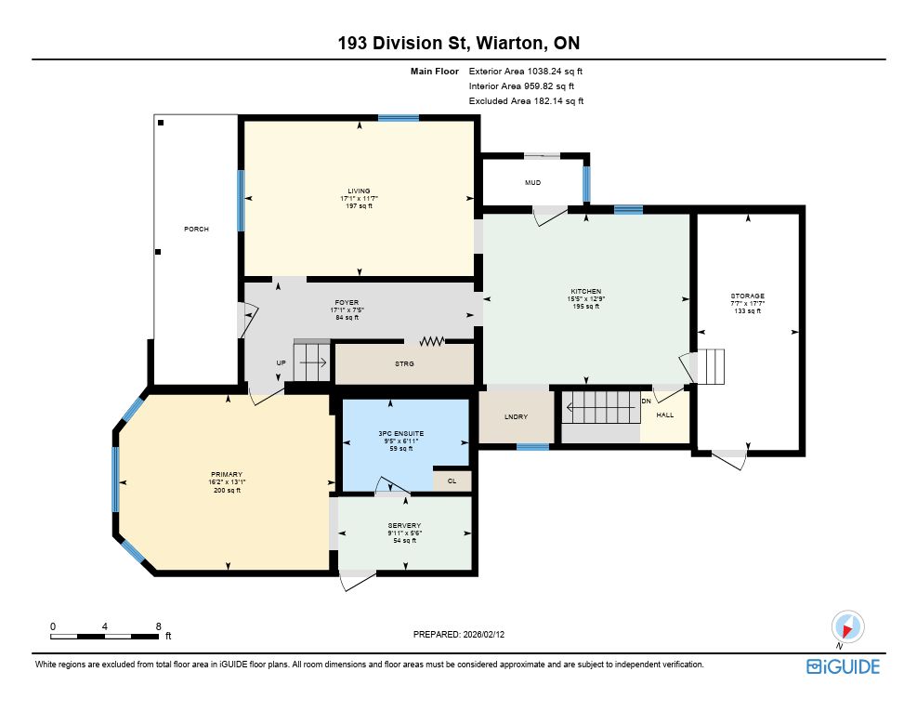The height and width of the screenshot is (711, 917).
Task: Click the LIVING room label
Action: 359,191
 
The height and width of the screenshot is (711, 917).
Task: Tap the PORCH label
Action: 196,229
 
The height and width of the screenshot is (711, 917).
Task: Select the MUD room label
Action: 532,182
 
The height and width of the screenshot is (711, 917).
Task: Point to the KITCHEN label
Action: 585,292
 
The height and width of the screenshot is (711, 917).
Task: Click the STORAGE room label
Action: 747,296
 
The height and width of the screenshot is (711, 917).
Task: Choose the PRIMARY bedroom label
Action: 227,475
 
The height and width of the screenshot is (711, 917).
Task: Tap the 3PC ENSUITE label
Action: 400,434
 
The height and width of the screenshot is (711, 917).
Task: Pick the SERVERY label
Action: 403,525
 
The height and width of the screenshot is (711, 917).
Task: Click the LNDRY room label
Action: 516,416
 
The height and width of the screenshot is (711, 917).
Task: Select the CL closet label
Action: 452,481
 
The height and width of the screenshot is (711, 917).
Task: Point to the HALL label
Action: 665,415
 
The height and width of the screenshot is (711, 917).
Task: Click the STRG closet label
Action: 404,363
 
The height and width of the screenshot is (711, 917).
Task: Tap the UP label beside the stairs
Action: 281,362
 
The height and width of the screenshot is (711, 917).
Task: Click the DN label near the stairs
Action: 647,401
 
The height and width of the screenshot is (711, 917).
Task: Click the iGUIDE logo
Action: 843,666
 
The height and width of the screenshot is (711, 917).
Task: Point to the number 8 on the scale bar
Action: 159,626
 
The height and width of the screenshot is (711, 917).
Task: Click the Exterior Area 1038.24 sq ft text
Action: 526,72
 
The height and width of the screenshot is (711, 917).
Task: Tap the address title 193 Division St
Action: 402,44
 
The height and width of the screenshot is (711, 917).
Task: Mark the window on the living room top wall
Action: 399,118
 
